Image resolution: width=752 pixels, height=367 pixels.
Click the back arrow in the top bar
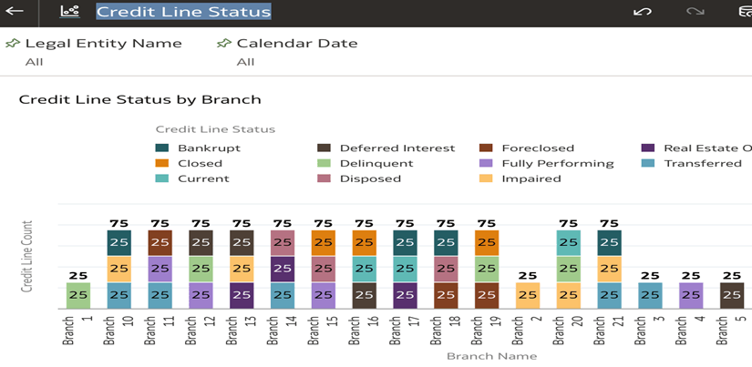pyautogui.click(x=15, y=12)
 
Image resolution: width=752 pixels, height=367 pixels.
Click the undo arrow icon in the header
pyautogui.click(x=642, y=12)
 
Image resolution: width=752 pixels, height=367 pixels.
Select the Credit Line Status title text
pyautogui.click(x=183, y=12)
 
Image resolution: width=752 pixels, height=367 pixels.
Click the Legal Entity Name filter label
pyautogui.click(x=103, y=43)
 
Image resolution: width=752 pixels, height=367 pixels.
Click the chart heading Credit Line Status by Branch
pyautogui.click(x=139, y=99)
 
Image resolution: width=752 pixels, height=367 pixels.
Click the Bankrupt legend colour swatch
pyautogui.click(x=162, y=148)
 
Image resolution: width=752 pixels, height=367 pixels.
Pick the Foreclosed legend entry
pyautogui.click(x=538, y=148)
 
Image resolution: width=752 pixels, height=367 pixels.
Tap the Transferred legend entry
pyautogui.click(x=702, y=163)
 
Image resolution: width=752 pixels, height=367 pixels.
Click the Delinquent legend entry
pyautogui.click(x=376, y=163)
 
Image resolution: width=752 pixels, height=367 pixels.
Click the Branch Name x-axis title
pyautogui.click(x=491, y=356)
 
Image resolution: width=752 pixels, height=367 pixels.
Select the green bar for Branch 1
pyautogui.click(x=77, y=295)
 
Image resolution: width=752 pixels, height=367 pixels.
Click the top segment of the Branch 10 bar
pyautogui.click(x=118, y=242)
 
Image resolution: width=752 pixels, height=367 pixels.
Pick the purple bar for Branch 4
pyautogui.click(x=691, y=295)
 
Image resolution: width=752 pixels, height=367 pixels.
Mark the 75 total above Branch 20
pyautogui.click(x=568, y=222)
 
